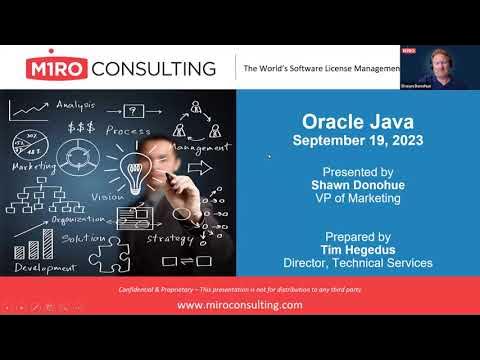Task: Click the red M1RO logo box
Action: click(x=59, y=68)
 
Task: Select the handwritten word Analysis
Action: click(x=75, y=104)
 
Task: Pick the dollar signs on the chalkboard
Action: click(x=82, y=127)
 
